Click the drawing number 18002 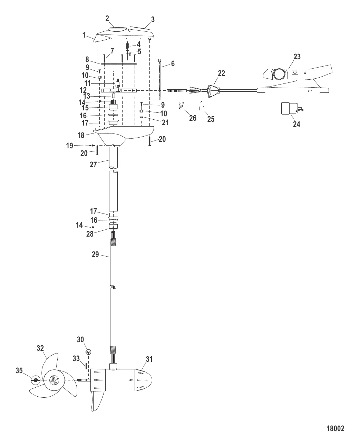click(x=335, y=429)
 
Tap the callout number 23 click(x=297, y=57)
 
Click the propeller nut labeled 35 click(x=35, y=380)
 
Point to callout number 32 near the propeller click(x=40, y=348)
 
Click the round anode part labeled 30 click(x=88, y=352)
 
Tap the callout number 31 click(x=149, y=359)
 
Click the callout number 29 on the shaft click(x=95, y=255)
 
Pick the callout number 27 click(x=93, y=165)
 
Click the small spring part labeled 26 click(x=182, y=106)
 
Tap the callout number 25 click(x=211, y=119)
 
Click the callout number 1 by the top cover click(x=84, y=34)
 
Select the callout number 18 click(x=81, y=136)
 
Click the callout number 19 click(x=70, y=146)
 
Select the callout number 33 click(x=76, y=359)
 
